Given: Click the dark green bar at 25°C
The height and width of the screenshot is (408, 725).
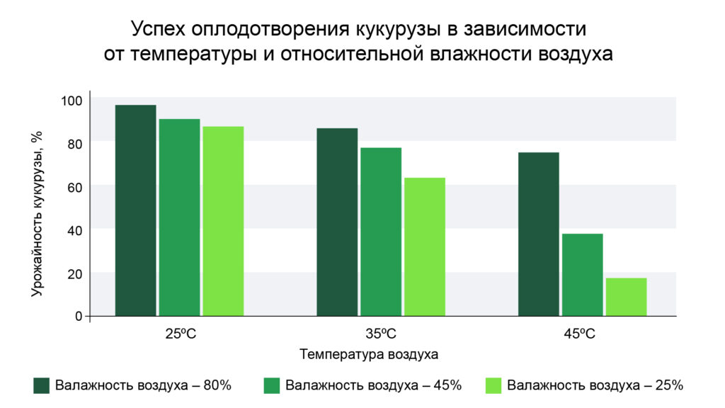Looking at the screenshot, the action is pyautogui.click(x=135, y=210).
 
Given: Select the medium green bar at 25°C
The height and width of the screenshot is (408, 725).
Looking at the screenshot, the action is pyautogui.click(x=179, y=217).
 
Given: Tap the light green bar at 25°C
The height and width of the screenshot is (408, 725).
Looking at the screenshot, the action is pyautogui.click(x=223, y=221).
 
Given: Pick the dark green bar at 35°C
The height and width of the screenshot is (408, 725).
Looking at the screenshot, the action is pyautogui.click(x=337, y=222).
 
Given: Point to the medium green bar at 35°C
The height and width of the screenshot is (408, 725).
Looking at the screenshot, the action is pyautogui.click(x=381, y=232).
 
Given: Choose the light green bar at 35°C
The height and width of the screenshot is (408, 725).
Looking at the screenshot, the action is pyautogui.click(x=425, y=247).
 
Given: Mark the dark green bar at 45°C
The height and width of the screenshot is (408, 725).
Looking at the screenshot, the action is pyautogui.click(x=539, y=234).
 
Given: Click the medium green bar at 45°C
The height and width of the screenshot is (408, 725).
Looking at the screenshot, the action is pyautogui.click(x=583, y=275).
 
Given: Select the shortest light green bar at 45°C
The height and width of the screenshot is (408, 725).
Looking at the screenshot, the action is pyautogui.click(x=626, y=297).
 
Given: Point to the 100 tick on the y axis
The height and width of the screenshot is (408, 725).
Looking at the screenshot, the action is pyautogui.click(x=72, y=101).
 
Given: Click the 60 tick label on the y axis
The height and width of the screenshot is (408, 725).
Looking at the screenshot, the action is pyautogui.click(x=74, y=187).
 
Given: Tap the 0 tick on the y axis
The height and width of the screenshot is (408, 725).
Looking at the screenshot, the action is pyautogui.click(x=79, y=317).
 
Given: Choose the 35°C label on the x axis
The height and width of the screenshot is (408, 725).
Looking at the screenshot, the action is pyautogui.click(x=381, y=334).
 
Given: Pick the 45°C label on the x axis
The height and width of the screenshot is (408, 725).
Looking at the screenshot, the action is pyautogui.click(x=579, y=334).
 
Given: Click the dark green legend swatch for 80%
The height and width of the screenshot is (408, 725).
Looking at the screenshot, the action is pyautogui.click(x=42, y=385).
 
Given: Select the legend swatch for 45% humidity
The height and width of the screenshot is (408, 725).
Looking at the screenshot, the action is pyautogui.click(x=271, y=385).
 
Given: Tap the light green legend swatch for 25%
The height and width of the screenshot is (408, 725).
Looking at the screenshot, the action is pyautogui.click(x=493, y=385).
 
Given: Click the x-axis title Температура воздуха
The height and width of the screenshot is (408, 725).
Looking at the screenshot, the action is pyautogui.click(x=369, y=354).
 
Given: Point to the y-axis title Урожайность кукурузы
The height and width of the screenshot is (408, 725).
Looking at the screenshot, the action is pyautogui.click(x=37, y=214).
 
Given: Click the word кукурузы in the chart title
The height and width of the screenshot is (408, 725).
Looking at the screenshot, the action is pyautogui.click(x=398, y=29).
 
